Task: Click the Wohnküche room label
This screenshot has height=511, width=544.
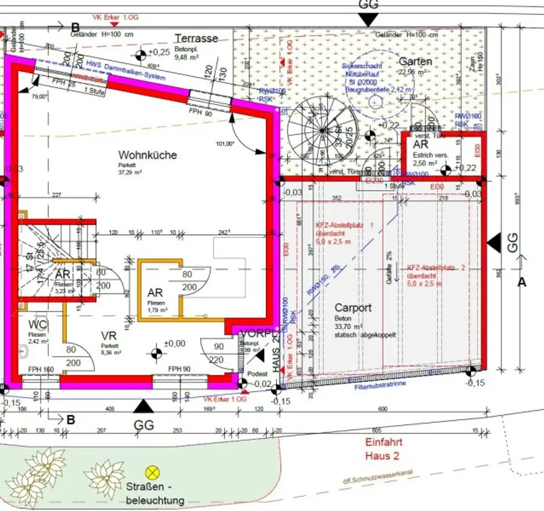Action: tap(147, 156)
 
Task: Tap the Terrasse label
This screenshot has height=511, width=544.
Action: tap(196, 38)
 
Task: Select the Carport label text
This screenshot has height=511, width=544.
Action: tap(353, 308)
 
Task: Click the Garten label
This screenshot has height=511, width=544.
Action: tap(415, 61)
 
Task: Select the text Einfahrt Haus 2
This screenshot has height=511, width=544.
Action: tap(383, 449)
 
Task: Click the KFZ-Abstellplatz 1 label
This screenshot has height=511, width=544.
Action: tap(344, 225)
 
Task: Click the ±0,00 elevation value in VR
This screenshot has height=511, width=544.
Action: tap(174, 344)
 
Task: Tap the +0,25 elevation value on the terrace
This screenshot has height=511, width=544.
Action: tap(159, 52)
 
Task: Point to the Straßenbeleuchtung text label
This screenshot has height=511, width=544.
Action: tap(155, 494)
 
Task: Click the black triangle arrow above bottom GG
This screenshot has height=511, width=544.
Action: tap(143, 407)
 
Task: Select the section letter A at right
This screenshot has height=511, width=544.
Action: tap(522, 283)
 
